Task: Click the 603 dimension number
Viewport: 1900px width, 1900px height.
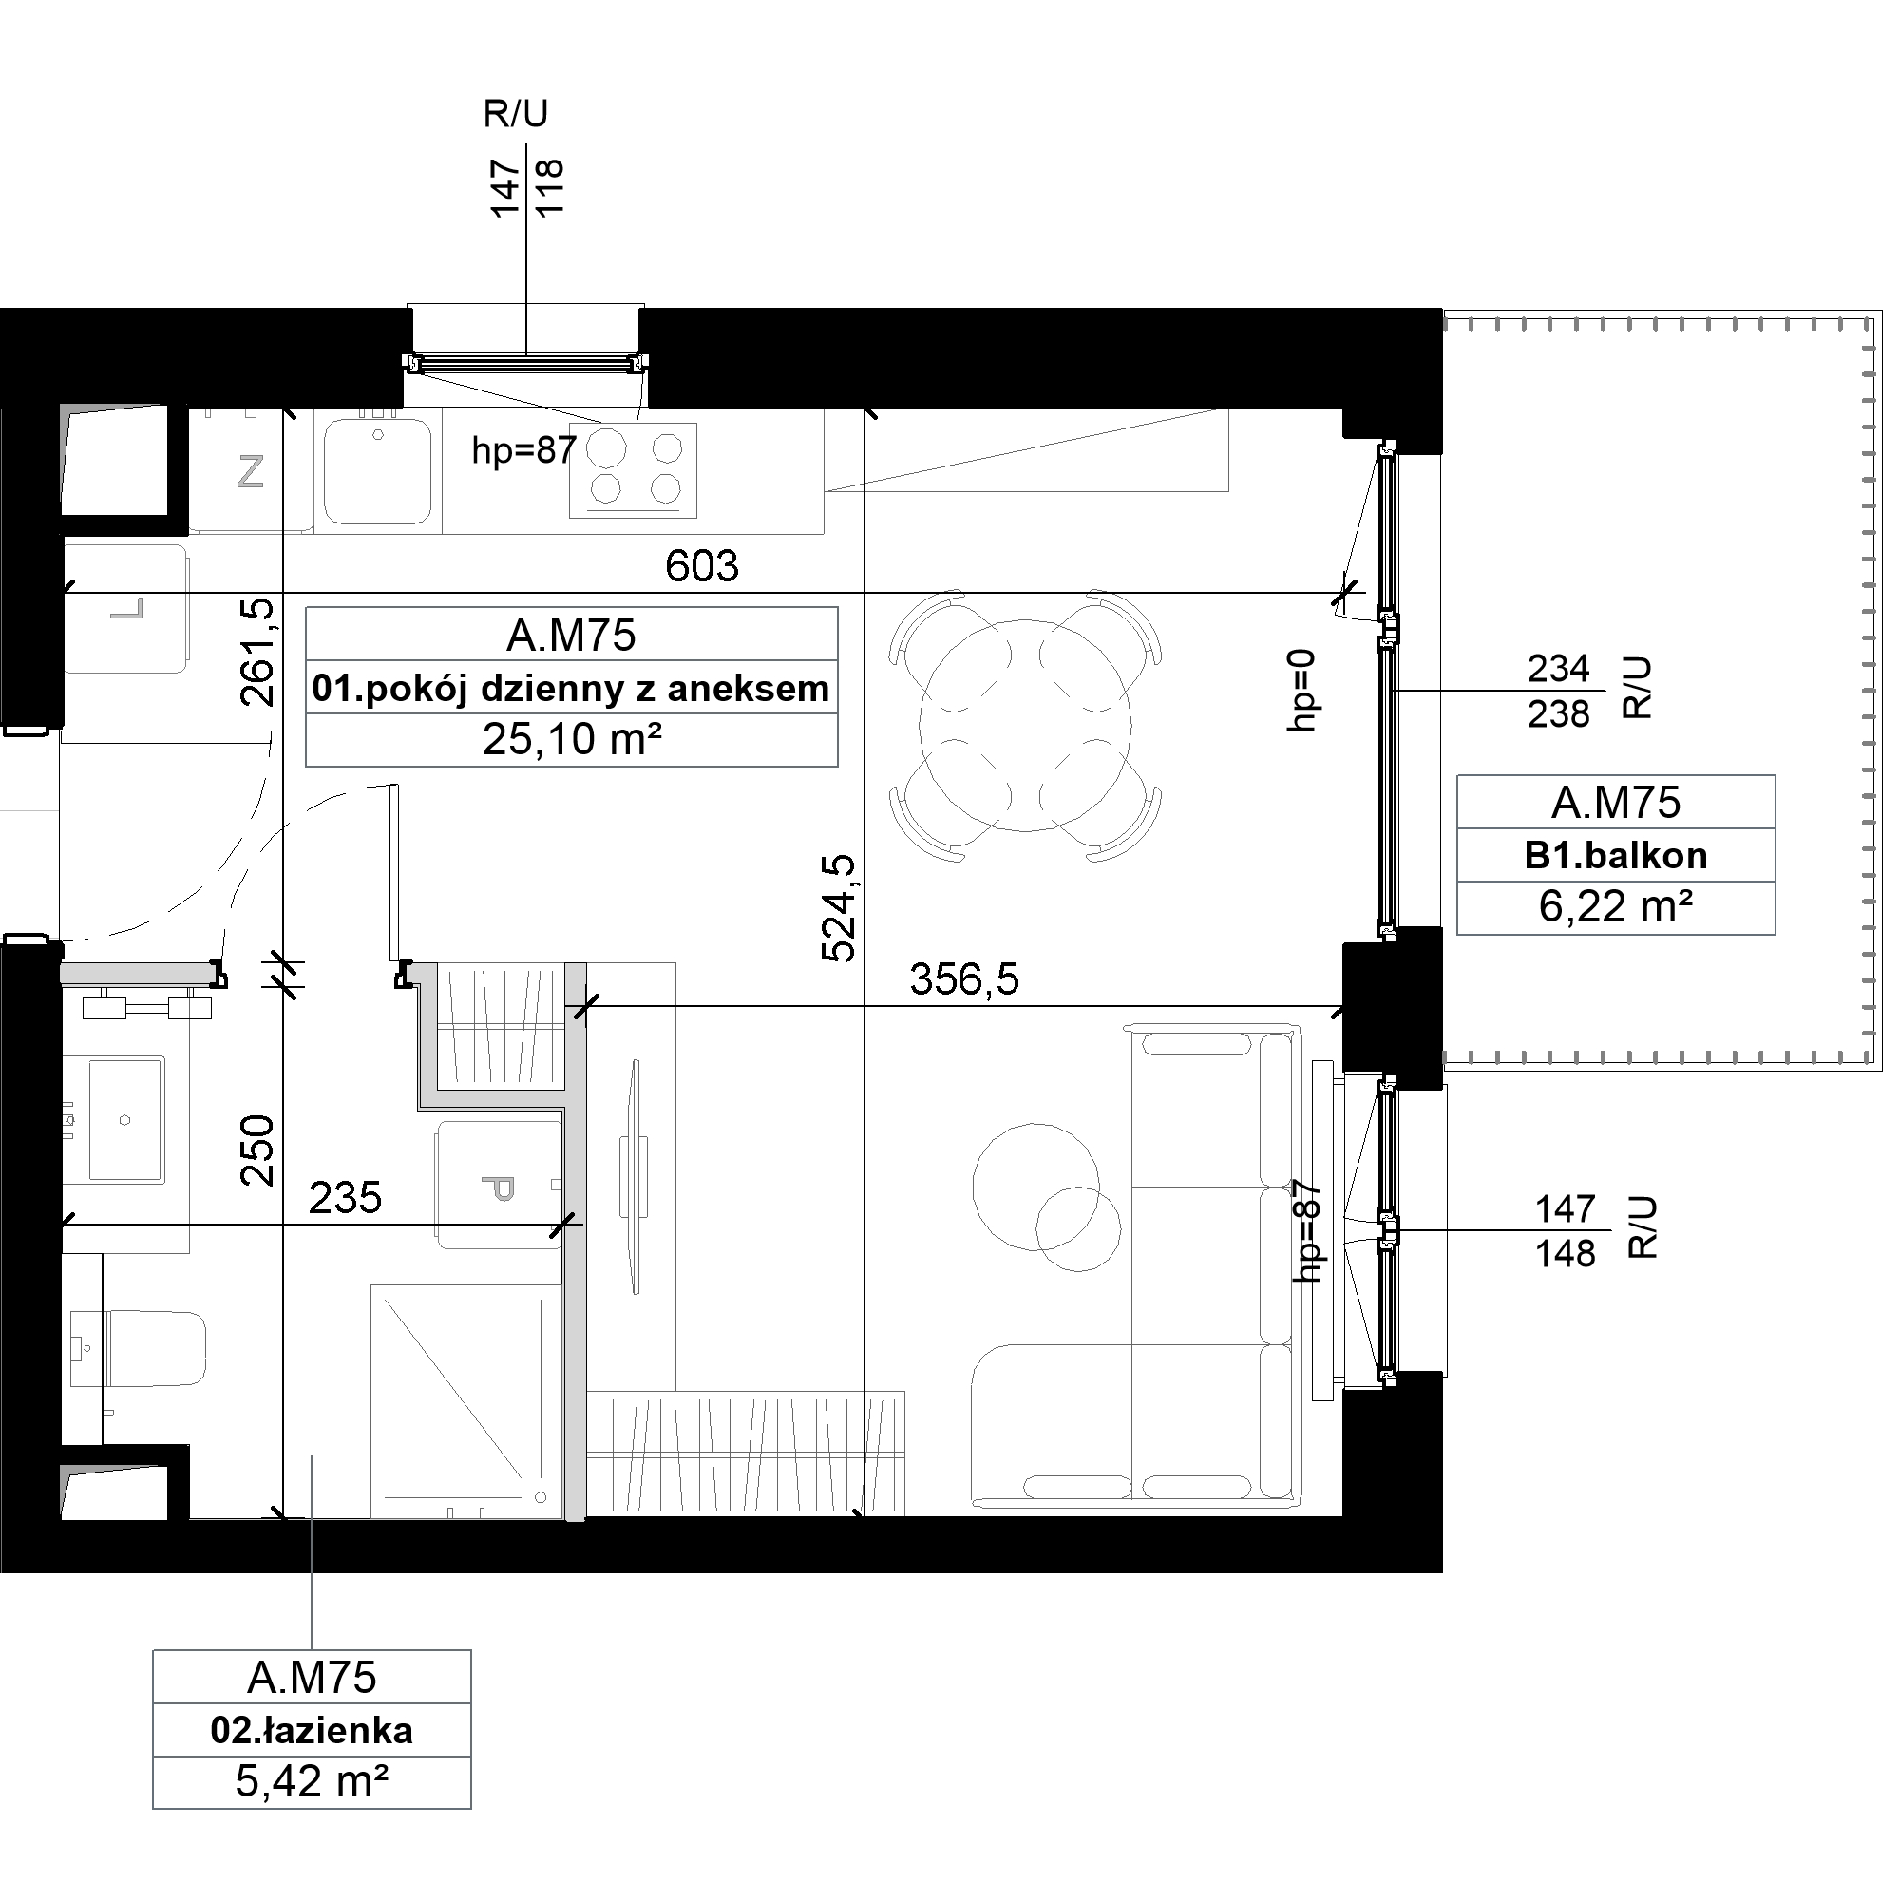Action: pyautogui.click(x=701, y=566)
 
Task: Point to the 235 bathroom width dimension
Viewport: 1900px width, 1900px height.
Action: pyautogui.click(x=345, y=1198)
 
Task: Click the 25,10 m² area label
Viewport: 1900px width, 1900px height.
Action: pyautogui.click(x=571, y=739)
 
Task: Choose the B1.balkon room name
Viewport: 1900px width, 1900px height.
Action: pyautogui.click(x=1616, y=856)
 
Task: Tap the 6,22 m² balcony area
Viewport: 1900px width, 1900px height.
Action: pyautogui.click(x=1616, y=906)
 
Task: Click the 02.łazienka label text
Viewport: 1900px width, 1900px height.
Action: pyautogui.click(x=312, y=1731)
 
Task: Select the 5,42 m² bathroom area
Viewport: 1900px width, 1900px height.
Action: pyautogui.click(x=312, y=1782)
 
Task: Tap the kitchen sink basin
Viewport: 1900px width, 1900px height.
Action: pyautogui.click(x=378, y=471)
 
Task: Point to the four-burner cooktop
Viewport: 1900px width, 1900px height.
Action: pyautogui.click(x=634, y=470)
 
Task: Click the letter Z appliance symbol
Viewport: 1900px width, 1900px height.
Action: pyautogui.click(x=251, y=472)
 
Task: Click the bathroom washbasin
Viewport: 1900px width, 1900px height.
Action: pyautogui.click(x=126, y=1119)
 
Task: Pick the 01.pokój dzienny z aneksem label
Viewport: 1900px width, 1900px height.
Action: pyautogui.click(x=570, y=689)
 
